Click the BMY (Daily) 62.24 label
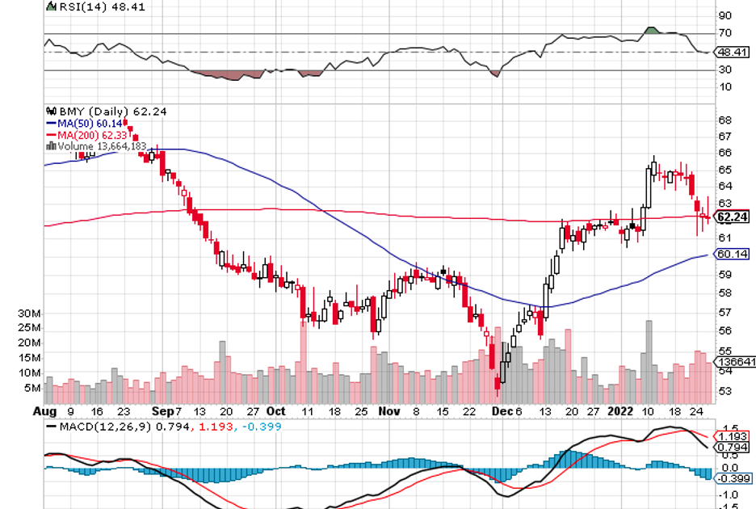pyautogui.click(x=107, y=111)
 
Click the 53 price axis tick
pyautogui.click(x=724, y=391)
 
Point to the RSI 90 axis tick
pyautogui.click(x=724, y=15)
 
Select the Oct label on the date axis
pyautogui.click(x=277, y=410)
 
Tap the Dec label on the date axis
pyautogui.click(x=502, y=410)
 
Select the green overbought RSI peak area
pyautogui.click(x=653, y=31)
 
